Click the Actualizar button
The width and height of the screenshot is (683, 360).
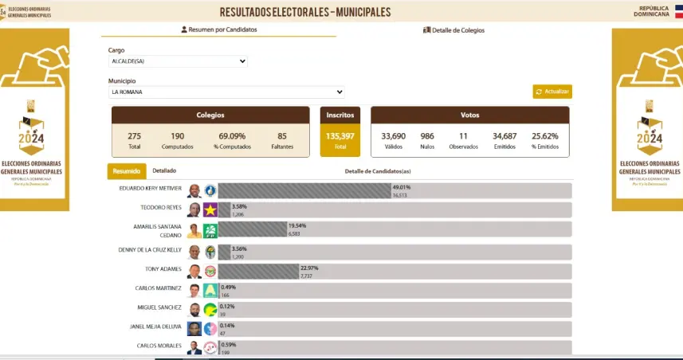pos(552,92)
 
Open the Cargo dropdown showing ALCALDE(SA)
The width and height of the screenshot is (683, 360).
pos(178,61)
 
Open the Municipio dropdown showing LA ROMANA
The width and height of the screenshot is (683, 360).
pos(226,92)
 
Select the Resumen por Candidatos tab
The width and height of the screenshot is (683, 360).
pos(219,29)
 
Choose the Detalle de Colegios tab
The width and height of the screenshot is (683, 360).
pos(453,30)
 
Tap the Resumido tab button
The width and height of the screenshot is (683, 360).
pos(126,170)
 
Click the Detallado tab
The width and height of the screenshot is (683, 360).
pos(164,170)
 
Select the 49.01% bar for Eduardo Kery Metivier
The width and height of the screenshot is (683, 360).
pos(303,191)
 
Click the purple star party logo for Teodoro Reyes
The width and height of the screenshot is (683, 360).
pos(210,210)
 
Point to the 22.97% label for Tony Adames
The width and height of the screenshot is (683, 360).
pos(308,268)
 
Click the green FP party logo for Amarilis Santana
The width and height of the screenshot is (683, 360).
pos(210,231)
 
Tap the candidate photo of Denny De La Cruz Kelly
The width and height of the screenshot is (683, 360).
pos(194,252)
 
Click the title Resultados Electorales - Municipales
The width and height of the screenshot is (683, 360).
pos(305,12)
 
